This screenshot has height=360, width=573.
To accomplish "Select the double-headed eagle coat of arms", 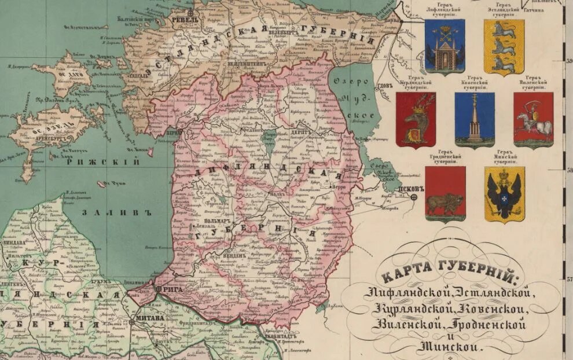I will click(x=504, y=194).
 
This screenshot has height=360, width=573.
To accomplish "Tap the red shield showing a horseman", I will click(x=533, y=120).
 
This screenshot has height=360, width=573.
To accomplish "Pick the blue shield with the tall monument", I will click(x=475, y=120).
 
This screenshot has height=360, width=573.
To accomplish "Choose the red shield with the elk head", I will click(x=416, y=120).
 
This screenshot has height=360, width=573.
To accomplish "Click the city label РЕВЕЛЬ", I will click(x=189, y=19).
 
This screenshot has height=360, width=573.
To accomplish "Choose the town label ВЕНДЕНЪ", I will click(x=234, y=255).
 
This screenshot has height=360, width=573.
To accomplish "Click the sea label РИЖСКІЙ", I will click(x=104, y=163).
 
